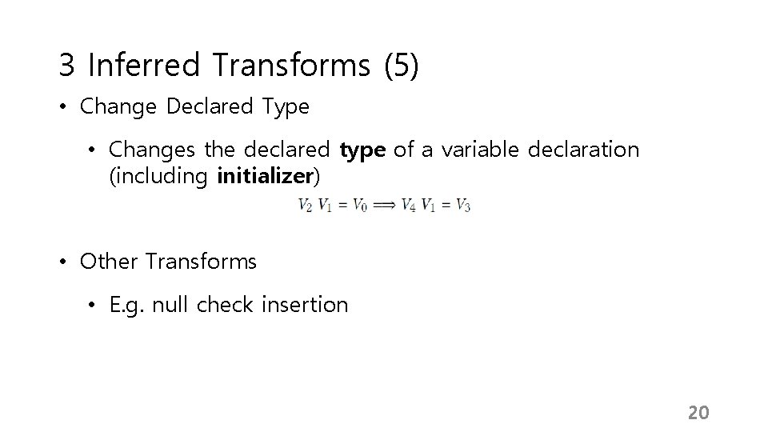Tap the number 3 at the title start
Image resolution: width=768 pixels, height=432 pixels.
[66, 65]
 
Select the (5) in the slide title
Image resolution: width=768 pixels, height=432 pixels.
[402, 65]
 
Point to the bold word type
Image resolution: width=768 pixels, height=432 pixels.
[363, 150]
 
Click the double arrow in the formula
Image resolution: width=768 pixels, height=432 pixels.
[384, 206]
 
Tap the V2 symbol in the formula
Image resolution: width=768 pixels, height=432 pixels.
[306, 206]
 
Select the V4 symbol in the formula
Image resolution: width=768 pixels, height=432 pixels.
[408, 206]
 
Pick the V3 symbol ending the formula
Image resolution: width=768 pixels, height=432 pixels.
[462, 206]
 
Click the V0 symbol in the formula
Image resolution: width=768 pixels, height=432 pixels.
[360, 206]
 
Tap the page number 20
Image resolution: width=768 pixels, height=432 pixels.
[698, 413]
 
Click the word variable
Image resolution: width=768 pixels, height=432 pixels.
[478, 150]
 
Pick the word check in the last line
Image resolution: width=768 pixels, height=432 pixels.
[225, 305]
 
